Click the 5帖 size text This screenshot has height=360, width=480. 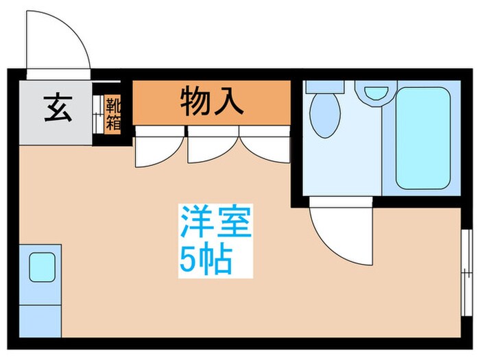point(206,259)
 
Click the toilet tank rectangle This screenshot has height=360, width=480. point(325,86)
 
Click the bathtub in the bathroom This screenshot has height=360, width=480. point(422,137)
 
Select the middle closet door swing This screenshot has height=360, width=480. point(211,145)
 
